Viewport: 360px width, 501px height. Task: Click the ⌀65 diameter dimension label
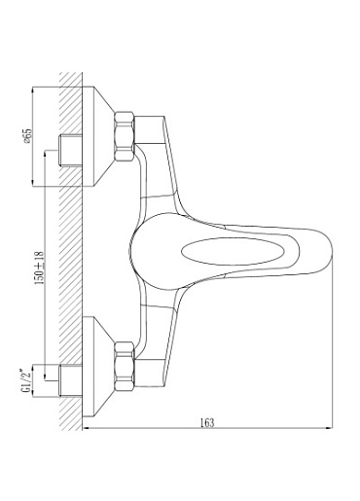pyautogui.click(x=28, y=136)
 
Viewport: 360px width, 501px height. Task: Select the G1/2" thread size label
pyautogui.click(x=27, y=380)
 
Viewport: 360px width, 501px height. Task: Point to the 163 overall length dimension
pyautogui.click(x=207, y=422)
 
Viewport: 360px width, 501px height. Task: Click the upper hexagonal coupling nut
pyautogui.click(x=125, y=136)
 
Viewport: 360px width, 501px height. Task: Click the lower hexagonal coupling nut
pyautogui.click(x=125, y=367)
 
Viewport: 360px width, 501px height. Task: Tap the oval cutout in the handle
pyautogui.click(x=233, y=252)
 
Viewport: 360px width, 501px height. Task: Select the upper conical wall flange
pyautogui.click(x=98, y=136)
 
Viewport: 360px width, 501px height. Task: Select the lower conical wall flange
pyautogui.click(x=98, y=367)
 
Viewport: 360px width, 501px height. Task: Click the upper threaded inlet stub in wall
pyautogui.click(x=70, y=151)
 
